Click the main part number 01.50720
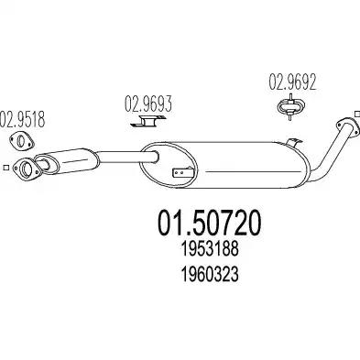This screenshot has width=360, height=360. click(210, 223)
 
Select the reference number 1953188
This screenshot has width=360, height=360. click(210, 249)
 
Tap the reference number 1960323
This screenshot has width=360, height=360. click(210, 274)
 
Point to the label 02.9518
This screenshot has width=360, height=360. click(23, 119)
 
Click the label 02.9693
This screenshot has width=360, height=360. click(148, 104)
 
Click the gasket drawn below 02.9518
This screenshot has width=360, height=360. click(21, 141)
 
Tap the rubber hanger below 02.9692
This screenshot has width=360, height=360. click(290, 106)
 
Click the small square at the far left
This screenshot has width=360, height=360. click(5, 168)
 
